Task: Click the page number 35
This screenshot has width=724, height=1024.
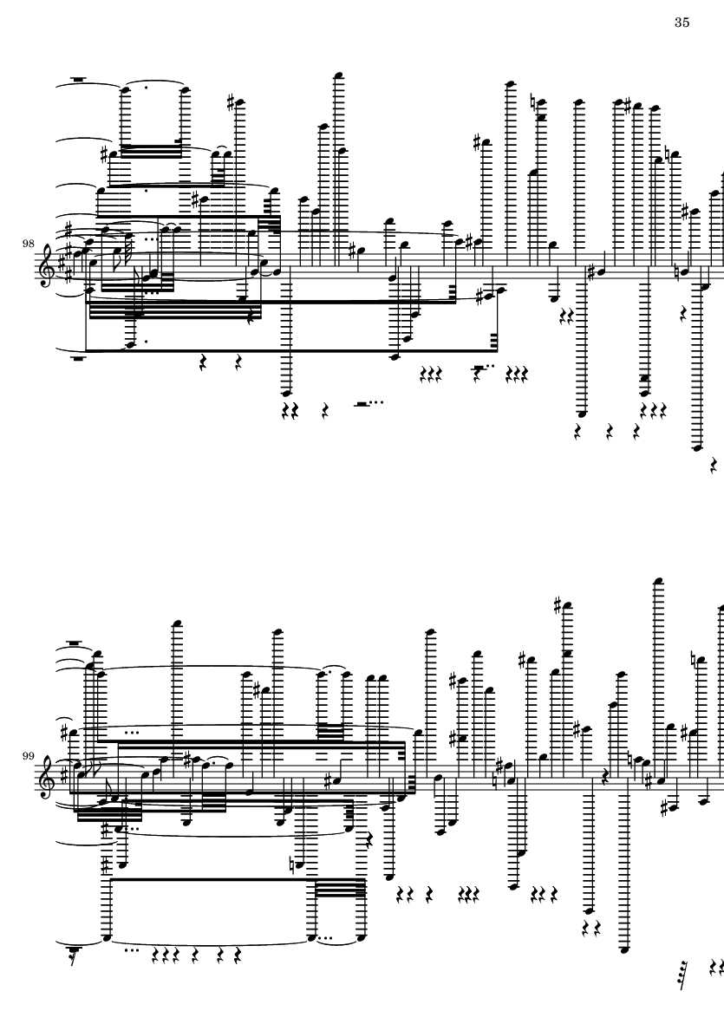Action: pos(682,23)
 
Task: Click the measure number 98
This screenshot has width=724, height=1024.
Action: pos(28,244)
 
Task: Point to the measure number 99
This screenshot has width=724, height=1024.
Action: pos(28,755)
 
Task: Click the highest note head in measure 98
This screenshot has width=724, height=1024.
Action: pos(337,75)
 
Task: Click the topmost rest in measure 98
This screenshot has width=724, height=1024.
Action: pos(78,81)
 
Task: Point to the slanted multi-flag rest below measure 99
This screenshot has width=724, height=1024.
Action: pos(683,975)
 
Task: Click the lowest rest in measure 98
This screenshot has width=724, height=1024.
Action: pos(714,466)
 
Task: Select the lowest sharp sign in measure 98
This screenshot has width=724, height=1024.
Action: pos(480,297)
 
